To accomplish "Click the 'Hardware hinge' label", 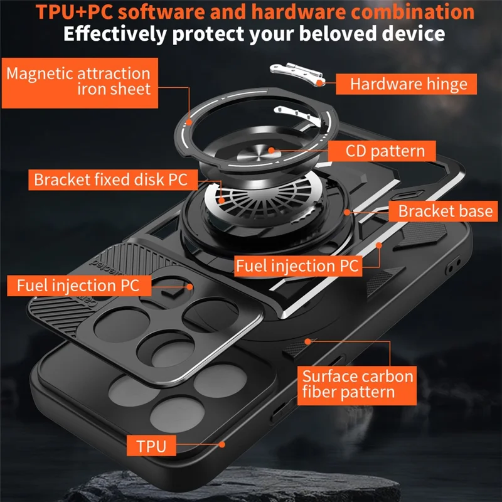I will [x=409, y=84].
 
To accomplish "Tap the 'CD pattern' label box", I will [x=385, y=151].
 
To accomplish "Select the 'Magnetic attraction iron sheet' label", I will [x=78, y=81].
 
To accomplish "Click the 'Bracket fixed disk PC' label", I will [x=110, y=180].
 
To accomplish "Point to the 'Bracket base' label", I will [x=445, y=210].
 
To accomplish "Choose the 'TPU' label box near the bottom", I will [x=151, y=446].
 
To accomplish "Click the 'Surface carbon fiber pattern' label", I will [x=358, y=385].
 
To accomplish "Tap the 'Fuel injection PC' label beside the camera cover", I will [x=77, y=286].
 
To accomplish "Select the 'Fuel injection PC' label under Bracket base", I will [x=297, y=265].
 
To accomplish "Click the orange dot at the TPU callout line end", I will [x=222, y=444].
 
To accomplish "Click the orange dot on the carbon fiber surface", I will [x=308, y=341].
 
